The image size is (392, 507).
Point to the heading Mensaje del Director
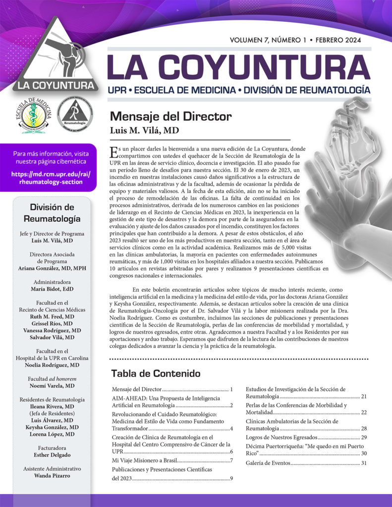click(x=170, y=117)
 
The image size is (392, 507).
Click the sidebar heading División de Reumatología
click(x=52, y=213)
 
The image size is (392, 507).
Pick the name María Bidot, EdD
click(x=52, y=289)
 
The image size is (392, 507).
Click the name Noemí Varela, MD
click(x=52, y=386)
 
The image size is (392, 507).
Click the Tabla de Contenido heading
click(x=156, y=373)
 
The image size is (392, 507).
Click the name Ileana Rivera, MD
click(x=52, y=406)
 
